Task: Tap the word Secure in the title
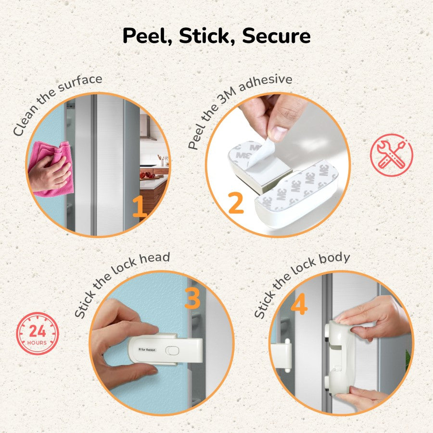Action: pyautogui.click(x=276, y=36)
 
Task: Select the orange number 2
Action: pyautogui.click(x=236, y=203)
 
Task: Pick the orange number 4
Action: pyautogui.click(x=299, y=303)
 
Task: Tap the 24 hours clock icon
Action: pyautogui.click(x=37, y=333)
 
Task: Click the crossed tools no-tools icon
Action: pyautogui.click(x=391, y=155)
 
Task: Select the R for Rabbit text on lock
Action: pyautogui.click(x=147, y=350)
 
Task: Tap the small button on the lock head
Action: pyautogui.click(x=172, y=351)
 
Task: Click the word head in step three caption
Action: pyautogui.click(x=154, y=258)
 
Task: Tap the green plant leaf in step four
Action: pyautogui.click(x=408, y=360)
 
